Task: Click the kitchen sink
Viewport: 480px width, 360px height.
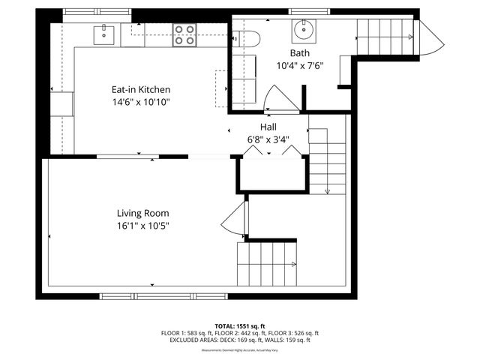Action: point(103,33)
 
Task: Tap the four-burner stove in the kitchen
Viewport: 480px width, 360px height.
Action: point(184,34)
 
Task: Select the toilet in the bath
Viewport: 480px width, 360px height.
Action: point(244,38)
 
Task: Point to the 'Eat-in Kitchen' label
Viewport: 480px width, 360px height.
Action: point(136,89)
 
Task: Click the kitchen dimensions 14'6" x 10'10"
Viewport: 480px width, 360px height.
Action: point(136,102)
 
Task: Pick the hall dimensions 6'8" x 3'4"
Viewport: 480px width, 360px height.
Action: point(269,139)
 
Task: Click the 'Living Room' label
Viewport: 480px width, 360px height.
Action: point(142,212)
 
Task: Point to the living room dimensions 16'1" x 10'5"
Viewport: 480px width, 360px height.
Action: point(142,225)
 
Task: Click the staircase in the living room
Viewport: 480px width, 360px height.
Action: point(266,265)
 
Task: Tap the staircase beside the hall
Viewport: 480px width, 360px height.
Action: point(327,161)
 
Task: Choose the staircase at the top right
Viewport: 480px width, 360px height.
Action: point(384,35)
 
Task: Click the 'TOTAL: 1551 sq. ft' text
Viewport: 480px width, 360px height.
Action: point(239,325)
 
